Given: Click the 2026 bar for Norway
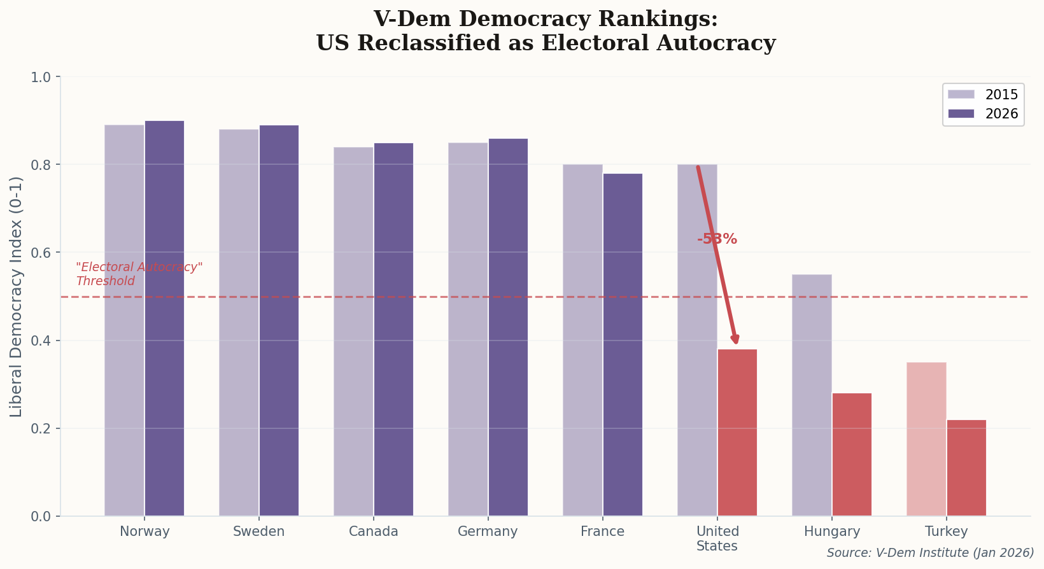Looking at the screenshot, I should point(164,318).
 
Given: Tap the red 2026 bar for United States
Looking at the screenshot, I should point(737,433).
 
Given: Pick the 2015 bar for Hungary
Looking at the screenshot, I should point(812,395).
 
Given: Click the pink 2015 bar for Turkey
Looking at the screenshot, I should point(926,439).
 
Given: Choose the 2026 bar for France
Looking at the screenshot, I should point(623,344).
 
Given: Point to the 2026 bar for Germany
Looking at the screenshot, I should point(508,327).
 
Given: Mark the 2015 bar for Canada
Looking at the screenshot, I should point(353,332).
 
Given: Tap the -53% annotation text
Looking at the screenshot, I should point(717,239).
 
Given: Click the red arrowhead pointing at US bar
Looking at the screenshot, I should point(735,339).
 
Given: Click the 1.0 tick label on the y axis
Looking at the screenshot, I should point(41,77).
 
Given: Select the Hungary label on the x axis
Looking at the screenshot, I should point(831,531).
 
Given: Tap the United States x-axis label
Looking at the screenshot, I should point(717,538).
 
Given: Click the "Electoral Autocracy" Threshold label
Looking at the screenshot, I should point(139,274).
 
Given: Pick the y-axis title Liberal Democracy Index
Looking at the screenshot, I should point(17,297).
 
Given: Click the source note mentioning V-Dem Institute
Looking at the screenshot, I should point(930,552).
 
